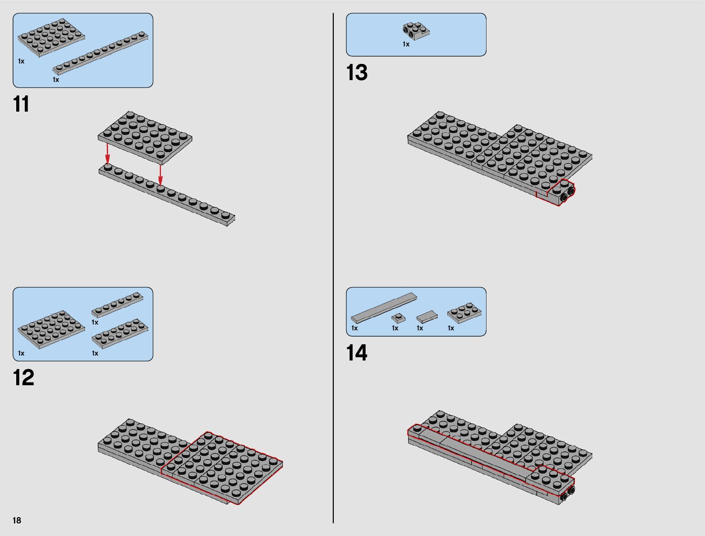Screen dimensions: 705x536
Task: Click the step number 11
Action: [x=22, y=104]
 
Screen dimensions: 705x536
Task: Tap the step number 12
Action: [x=23, y=378]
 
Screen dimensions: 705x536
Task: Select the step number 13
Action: [x=357, y=73]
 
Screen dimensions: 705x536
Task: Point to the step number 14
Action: [x=357, y=353]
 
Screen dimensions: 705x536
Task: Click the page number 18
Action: [x=17, y=521]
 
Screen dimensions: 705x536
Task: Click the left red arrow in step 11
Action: [x=107, y=153]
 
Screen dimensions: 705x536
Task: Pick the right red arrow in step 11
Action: [x=160, y=175]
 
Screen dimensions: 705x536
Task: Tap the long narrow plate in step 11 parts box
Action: [x=101, y=53]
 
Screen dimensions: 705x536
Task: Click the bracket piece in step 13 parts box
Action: [x=416, y=31]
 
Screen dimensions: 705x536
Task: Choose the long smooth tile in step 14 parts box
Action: [x=384, y=308]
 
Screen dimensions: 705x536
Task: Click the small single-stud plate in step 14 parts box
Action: [x=398, y=318]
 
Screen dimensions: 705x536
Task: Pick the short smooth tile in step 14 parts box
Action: [x=427, y=317]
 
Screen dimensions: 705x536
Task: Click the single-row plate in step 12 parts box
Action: [x=117, y=305]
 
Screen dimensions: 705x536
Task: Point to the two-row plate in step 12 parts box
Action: [x=120, y=333]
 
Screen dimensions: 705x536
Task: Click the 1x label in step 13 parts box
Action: [x=406, y=44]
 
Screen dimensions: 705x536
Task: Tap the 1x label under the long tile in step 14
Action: [x=355, y=328]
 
